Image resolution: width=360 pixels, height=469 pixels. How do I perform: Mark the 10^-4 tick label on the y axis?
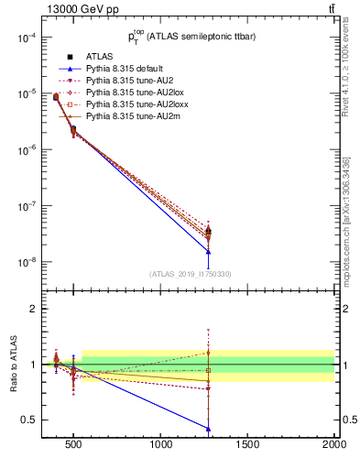pyautogui.click(x=25, y=38)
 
